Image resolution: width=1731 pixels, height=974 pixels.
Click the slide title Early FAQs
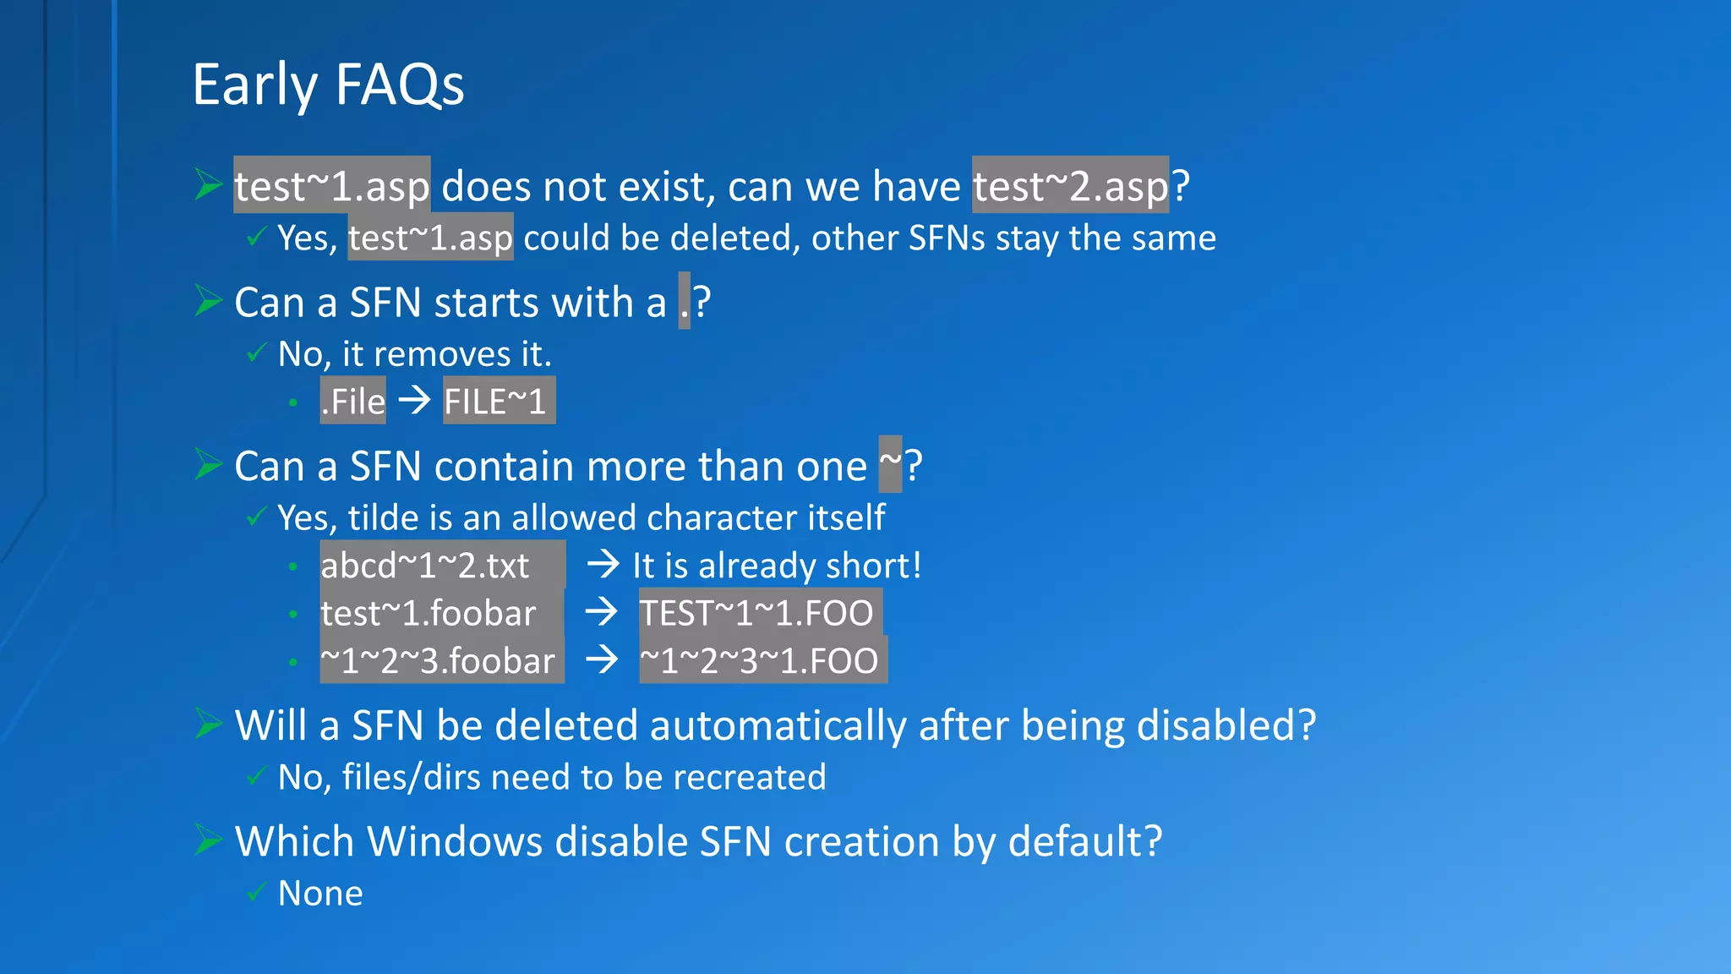coord(328,85)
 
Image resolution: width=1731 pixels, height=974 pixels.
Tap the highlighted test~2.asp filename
coord(1070,185)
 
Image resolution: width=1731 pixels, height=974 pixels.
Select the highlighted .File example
coord(352,401)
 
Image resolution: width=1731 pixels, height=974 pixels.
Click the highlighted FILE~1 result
coord(499,401)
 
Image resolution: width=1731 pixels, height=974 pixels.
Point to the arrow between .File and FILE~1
coord(414,399)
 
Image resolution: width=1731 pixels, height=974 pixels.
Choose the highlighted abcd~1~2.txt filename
coord(425,565)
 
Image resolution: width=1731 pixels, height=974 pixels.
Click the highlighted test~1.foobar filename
coord(429,612)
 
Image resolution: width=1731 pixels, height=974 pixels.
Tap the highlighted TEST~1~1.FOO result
coord(756,612)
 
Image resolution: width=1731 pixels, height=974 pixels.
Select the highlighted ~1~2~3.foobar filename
coord(438,660)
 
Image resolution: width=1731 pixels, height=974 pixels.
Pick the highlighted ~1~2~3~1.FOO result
coord(759,660)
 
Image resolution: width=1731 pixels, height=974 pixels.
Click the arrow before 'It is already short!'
coord(603,564)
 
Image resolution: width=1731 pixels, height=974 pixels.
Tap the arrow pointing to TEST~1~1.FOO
coord(602,611)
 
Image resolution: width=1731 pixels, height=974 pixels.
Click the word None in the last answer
coord(320,893)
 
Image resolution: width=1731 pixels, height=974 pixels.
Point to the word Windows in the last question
coord(454,841)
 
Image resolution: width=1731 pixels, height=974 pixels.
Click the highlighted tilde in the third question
coord(890,463)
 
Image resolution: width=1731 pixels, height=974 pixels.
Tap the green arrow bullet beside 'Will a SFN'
coord(208,724)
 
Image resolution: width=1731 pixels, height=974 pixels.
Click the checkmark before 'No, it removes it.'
coord(256,353)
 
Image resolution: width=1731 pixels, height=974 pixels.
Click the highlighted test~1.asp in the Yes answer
coord(430,238)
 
